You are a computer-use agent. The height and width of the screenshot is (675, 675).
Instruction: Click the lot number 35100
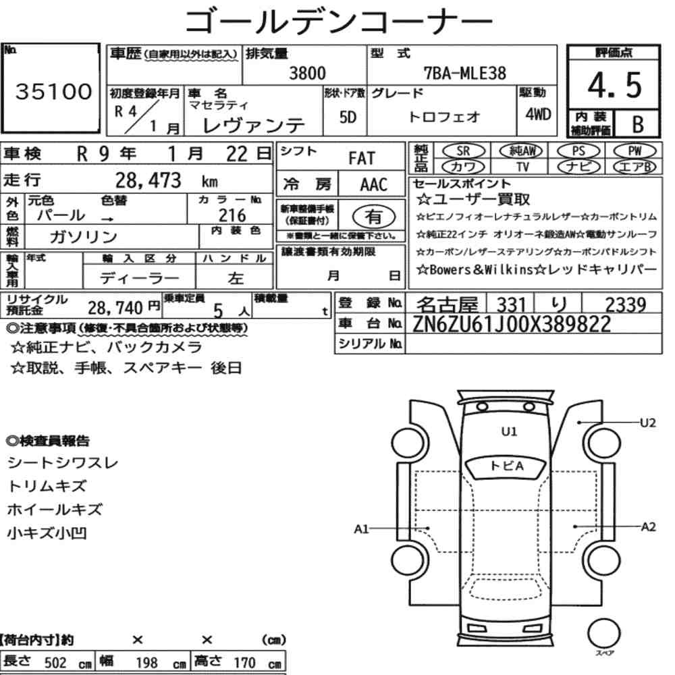point(54,91)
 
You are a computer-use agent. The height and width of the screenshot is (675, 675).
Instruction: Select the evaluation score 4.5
point(614,85)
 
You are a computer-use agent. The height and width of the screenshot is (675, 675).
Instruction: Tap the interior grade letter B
point(638,124)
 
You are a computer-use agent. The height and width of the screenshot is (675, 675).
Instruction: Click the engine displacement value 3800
point(307,73)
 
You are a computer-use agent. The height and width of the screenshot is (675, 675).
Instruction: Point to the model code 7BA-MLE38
point(465,73)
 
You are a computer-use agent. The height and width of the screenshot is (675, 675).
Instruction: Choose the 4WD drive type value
point(538,114)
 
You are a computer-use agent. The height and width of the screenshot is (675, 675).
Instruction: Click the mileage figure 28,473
point(148,180)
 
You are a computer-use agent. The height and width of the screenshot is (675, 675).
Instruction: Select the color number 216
point(232,215)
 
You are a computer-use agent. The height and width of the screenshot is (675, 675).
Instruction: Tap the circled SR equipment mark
point(463,151)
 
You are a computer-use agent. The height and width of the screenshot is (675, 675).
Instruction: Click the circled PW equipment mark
point(634,151)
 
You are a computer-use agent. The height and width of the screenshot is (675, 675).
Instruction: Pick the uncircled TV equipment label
point(522,167)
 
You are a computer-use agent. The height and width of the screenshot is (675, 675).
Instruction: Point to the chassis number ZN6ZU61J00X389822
point(512,324)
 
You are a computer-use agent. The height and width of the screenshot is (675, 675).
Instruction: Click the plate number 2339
point(626,305)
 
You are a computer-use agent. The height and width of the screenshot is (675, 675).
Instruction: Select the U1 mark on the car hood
point(509,431)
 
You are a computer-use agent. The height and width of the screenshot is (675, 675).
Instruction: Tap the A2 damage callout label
point(648,527)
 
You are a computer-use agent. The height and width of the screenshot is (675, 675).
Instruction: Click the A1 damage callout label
point(362,529)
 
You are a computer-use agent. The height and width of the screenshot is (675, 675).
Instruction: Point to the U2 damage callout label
point(647,423)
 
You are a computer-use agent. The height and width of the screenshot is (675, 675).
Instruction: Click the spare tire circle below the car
point(603,633)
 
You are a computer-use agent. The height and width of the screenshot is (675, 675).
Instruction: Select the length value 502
point(55,663)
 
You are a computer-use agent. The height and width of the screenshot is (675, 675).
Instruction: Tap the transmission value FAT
point(362,159)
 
